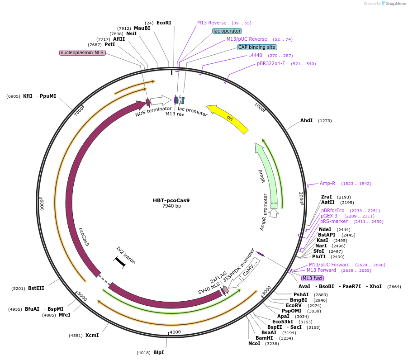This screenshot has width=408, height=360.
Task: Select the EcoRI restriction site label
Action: click(164, 23)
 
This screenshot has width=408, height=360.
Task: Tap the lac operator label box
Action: click(227, 31)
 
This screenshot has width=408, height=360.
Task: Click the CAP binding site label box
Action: click(257, 47)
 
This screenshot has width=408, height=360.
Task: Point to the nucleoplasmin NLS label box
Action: click(82, 52)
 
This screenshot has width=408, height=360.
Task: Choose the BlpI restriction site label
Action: click(158, 352)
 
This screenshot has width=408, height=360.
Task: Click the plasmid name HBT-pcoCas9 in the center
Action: click(171, 200)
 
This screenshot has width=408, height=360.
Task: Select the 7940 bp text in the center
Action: click(171, 206)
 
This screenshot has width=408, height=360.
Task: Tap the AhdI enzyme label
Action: click(306, 121)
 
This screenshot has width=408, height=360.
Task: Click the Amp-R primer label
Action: click(327, 183)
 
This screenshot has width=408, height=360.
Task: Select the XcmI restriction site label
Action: click(92, 335)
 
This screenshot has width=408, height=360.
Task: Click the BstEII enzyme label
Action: click(36, 288)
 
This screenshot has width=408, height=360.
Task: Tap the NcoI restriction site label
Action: click(254, 343)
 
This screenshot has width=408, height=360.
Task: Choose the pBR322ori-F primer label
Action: click(271, 63)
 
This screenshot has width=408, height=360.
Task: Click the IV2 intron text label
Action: click(126, 256)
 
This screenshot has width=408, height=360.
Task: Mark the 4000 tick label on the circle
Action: click(175, 332)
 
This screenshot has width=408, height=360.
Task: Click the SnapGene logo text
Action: click(396, 4)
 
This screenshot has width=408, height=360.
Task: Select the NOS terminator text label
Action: click(153, 111)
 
